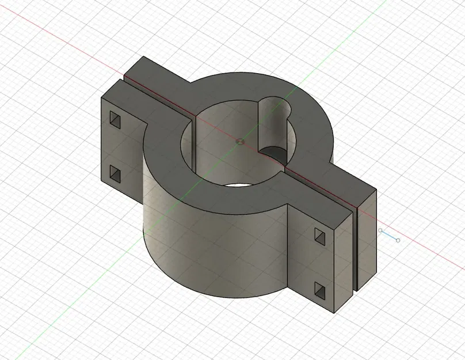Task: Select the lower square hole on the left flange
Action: [115, 173]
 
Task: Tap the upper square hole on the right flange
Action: [319, 234]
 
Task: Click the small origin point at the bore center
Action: [240, 140]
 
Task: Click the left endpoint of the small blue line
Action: [380, 230]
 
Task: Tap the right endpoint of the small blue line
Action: [398, 240]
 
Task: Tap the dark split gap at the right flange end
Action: [355, 248]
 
